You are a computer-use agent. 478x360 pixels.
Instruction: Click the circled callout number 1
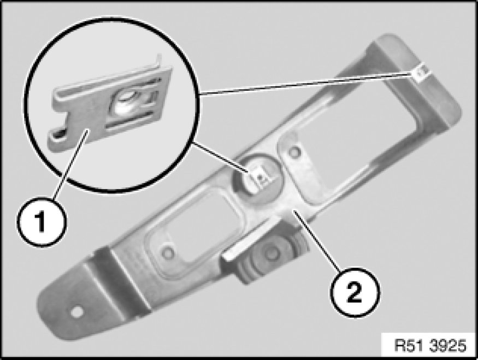point(41,222)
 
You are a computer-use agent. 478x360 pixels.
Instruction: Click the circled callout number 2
point(355,292)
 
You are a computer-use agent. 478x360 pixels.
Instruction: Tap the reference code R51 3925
point(430,345)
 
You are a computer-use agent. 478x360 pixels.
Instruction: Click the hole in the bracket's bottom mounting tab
point(77,311)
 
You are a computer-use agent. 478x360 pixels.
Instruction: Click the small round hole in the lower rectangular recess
point(168,253)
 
